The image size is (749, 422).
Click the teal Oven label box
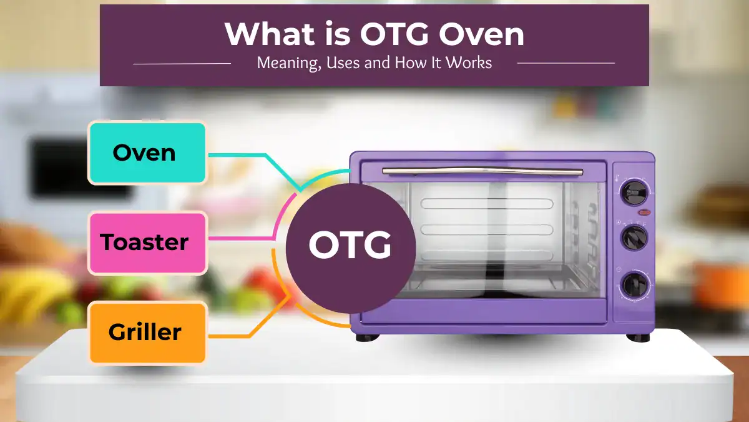[x=147, y=153]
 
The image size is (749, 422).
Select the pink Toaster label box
[x=147, y=243]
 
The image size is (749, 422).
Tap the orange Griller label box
[x=147, y=332]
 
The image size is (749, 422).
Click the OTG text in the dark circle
[x=350, y=246]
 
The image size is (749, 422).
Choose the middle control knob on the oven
[x=634, y=238]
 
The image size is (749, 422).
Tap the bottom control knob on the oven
[x=634, y=285]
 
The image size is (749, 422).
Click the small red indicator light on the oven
[x=644, y=213]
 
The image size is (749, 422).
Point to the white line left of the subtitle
[x=182, y=63]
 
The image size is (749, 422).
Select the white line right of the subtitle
[x=565, y=63]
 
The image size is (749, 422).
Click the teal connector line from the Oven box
[x=237, y=154]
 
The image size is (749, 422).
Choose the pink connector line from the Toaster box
[x=240, y=238]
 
